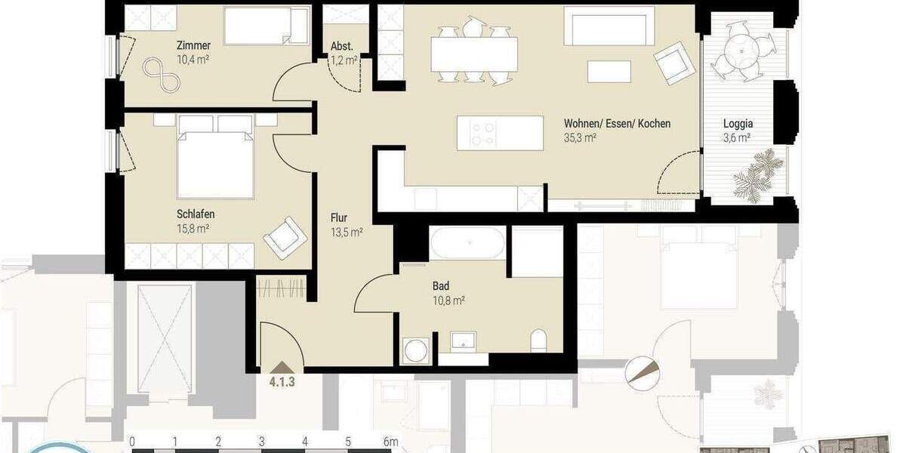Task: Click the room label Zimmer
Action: tap(193, 45)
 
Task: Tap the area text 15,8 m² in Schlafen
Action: tap(193, 229)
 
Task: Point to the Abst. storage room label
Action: tap(343, 46)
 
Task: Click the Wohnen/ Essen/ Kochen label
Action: tap(617, 124)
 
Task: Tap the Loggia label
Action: tap(738, 124)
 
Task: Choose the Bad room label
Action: tap(442, 286)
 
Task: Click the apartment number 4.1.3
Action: tap(282, 381)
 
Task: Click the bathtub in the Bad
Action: tap(467, 243)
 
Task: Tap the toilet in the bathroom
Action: tap(539, 342)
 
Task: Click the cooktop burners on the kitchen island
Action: tap(483, 134)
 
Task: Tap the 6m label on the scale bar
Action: tap(390, 442)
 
